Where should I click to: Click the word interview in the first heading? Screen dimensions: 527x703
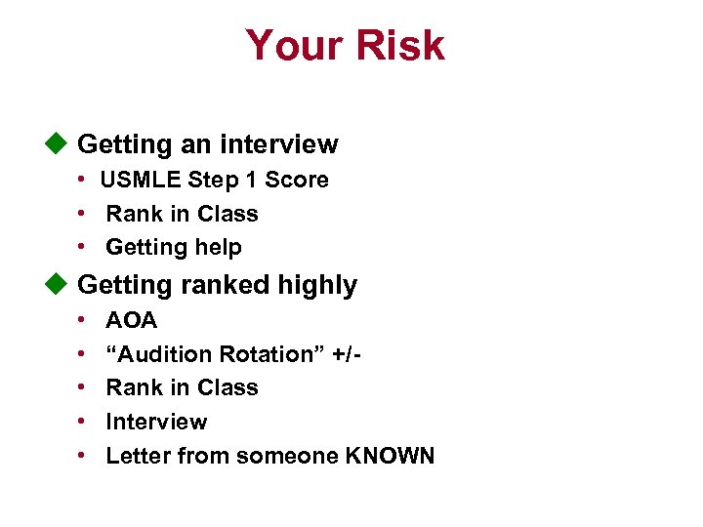pyautogui.click(x=279, y=144)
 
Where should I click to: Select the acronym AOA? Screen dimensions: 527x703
pyautogui.click(x=131, y=320)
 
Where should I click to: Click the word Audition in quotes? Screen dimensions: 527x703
pyautogui.click(x=162, y=354)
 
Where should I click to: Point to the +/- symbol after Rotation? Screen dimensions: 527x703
pyautogui.click(x=350, y=354)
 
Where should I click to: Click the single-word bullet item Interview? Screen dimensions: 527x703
pyautogui.click(x=156, y=422)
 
